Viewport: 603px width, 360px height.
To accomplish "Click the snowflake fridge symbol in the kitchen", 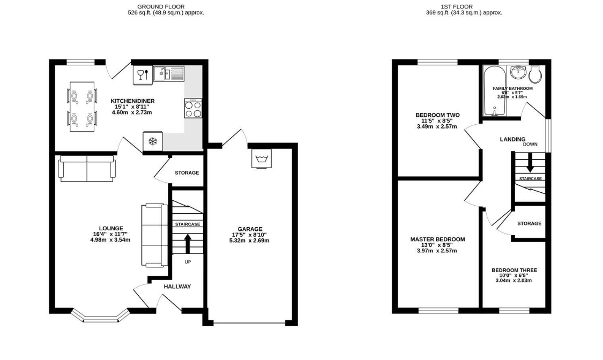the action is tap(153, 141).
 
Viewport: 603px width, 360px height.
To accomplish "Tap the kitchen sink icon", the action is tap(169, 73).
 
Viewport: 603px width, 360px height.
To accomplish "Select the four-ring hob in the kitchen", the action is tap(193, 108).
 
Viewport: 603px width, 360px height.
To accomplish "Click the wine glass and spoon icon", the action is tap(143, 75).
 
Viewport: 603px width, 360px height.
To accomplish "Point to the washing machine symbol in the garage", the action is tap(262, 158).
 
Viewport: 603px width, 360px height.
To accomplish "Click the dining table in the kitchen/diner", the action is tap(82, 107).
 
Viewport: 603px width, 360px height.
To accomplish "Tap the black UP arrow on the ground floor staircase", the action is tap(188, 244).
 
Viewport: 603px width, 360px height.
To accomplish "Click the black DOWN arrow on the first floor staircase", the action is tap(530, 162).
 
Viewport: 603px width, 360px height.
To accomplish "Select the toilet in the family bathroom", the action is tap(535, 74).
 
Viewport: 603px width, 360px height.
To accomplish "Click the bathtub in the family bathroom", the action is tap(494, 91).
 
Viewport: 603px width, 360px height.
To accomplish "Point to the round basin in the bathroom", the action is tap(519, 72).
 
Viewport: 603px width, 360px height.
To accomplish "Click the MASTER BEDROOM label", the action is tap(437, 239).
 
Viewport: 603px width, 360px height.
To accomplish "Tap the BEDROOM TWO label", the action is tap(437, 115).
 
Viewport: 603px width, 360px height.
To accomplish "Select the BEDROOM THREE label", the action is tap(514, 271).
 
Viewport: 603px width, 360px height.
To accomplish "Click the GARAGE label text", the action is tap(250, 229).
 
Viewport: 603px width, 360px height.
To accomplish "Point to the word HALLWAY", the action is tap(177, 287).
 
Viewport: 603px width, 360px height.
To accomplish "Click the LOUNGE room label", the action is tap(111, 229).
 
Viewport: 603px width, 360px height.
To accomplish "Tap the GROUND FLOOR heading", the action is tap(161, 6).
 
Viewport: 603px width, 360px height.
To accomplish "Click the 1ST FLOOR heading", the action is tap(457, 6).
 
